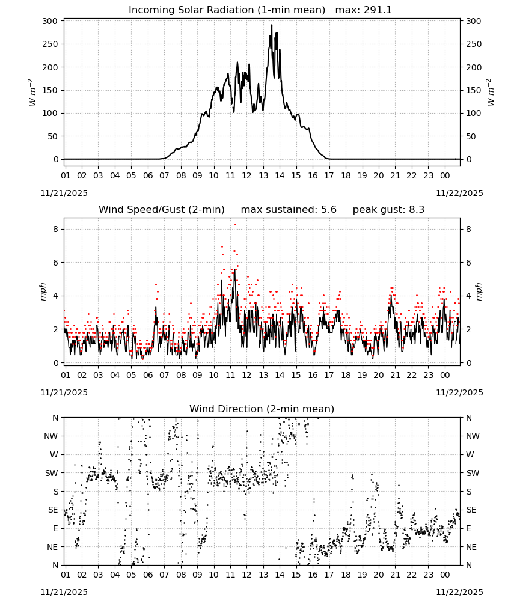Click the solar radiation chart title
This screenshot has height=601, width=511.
[260, 10]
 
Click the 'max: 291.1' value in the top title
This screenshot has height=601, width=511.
[364, 10]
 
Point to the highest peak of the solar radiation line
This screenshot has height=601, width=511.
[272, 25]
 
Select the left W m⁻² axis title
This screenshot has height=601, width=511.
[32, 92]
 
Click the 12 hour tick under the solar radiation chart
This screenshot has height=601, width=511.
[246, 175]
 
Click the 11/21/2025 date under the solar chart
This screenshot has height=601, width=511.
[64, 193]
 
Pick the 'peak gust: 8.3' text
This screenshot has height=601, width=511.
[388, 210]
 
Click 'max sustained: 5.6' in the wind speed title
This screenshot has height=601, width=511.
[289, 210]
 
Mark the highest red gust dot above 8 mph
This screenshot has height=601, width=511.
[236, 225]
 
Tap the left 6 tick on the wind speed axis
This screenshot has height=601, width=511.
[56, 263]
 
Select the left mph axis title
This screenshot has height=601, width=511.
[43, 291]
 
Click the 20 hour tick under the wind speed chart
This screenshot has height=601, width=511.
[379, 375]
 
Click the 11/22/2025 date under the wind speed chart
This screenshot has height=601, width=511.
[459, 393]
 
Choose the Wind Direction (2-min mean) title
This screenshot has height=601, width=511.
[262, 409]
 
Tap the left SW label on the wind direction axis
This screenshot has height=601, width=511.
[52, 473]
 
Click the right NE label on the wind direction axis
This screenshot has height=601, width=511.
[471, 547]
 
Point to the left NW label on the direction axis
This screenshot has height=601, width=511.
[51, 436]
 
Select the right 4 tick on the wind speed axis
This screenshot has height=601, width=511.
[468, 296]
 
